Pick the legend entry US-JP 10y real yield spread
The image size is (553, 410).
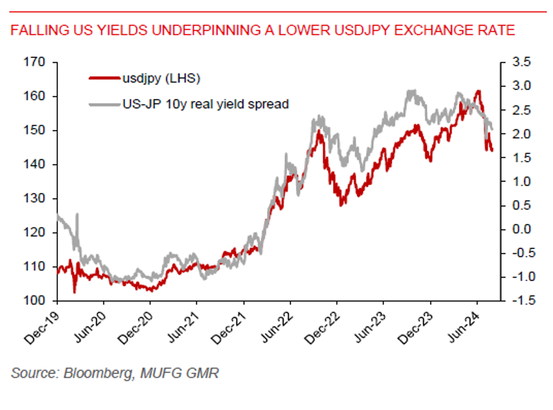206,103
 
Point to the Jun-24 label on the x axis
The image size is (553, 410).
462,328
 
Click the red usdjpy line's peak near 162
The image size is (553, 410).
478,91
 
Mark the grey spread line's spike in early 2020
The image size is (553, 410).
77,214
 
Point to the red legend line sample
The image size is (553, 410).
104,79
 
